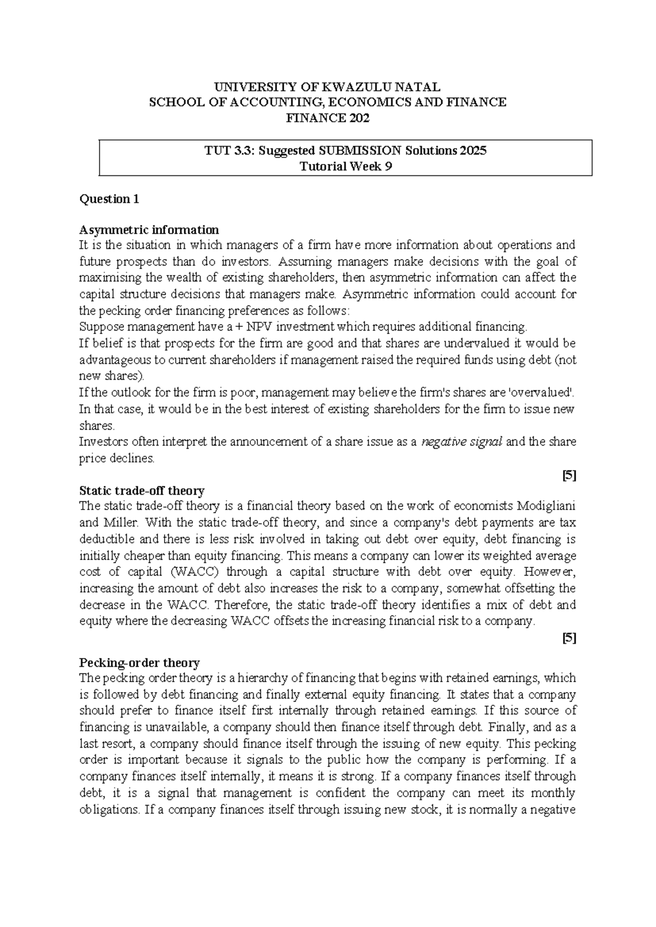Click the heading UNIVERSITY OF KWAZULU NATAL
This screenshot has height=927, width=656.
(327, 87)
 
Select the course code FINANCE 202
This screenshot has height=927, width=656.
(328, 118)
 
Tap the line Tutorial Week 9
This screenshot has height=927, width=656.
(345, 167)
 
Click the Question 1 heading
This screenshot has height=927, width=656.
(109, 199)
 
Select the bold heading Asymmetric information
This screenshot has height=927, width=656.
(149, 230)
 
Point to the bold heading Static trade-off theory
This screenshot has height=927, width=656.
(142, 490)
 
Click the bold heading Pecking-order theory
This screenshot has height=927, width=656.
(139, 663)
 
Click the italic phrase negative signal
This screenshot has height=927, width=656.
(462, 442)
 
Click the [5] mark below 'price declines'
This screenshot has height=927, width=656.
(570, 475)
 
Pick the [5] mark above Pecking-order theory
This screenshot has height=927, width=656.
(570, 637)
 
